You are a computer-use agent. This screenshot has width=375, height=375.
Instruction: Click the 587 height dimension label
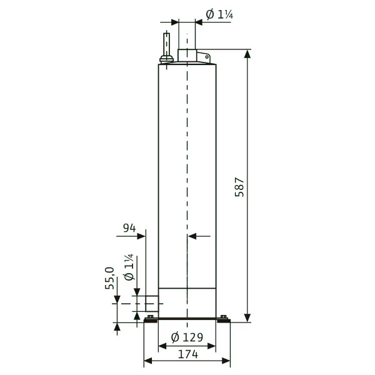[x=239, y=187]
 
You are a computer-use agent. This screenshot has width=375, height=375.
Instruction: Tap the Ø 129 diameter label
[x=187, y=337]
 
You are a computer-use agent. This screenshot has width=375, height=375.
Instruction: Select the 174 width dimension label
[x=188, y=354]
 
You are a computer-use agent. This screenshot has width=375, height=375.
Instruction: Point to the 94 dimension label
[x=129, y=228]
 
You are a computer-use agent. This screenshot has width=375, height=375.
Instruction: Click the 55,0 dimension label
[x=109, y=278]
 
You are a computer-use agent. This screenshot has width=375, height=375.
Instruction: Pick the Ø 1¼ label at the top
[x=219, y=14]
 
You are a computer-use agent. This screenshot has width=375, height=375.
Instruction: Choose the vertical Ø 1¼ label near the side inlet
[x=129, y=267]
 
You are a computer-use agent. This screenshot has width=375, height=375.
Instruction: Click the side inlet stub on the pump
[x=152, y=304]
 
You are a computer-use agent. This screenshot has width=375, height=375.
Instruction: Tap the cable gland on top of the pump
[x=166, y=59]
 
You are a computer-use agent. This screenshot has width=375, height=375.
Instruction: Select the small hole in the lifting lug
[x=207, y=57]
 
